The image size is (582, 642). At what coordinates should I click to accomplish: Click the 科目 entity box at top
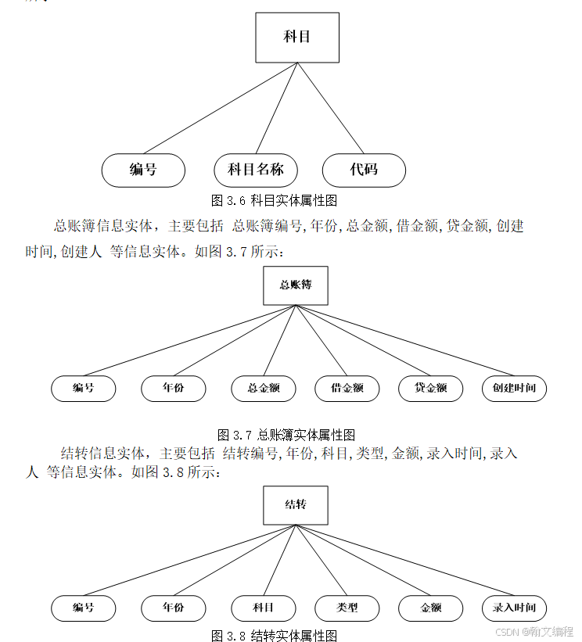coord(297,38)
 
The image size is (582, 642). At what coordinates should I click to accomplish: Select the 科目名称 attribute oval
coord(255,170)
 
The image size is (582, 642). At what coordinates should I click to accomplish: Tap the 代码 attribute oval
coord(364,170)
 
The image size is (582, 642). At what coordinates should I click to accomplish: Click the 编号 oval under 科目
coord(143,170)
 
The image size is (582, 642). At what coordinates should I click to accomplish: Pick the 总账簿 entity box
coord(296,285)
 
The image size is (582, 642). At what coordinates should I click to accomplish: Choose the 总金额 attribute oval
coord(264,388)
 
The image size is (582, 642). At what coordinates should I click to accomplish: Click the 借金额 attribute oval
coord(347,388)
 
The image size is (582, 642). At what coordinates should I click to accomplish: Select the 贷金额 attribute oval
coord(431,388)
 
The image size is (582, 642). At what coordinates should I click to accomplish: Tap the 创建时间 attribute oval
coord(514,388)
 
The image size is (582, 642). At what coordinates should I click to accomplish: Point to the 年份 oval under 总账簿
coord(173,388)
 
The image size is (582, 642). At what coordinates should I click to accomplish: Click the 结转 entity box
coord(296,505)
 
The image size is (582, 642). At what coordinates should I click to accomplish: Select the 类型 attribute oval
coord(347,608)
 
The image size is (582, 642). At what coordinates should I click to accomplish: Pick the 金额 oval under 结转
coord(431,608)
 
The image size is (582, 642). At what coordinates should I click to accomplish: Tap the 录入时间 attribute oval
coord(514,608)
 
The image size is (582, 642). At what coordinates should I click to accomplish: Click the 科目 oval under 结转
coord(264,608)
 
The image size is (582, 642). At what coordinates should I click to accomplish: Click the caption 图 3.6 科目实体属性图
coord(275,200)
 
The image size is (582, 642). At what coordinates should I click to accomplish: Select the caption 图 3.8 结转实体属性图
coord(275,636)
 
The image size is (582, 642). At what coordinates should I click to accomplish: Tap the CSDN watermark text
coord(534,631)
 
